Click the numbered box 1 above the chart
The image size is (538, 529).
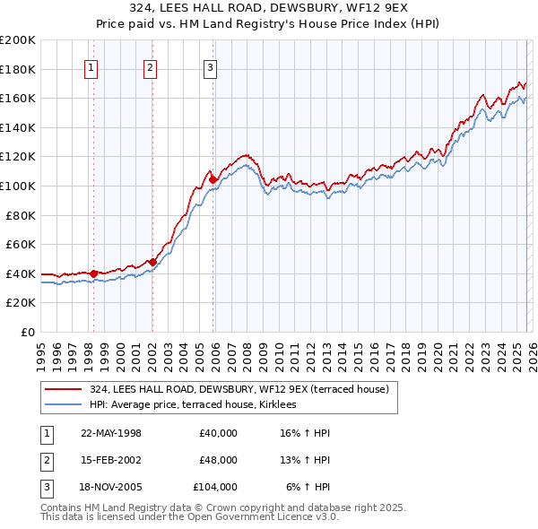[x=92, y=66]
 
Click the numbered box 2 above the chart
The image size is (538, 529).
[x=150, y=66]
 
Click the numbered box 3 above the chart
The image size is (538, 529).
[x=210, y=66]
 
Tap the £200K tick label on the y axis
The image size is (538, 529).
[x=18, y=40]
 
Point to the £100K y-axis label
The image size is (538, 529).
[x=18, y=186]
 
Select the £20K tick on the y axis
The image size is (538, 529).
[x=22, y=303]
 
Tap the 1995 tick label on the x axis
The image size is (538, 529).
[x=40, y=349]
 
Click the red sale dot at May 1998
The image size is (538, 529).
[x=93, y=273]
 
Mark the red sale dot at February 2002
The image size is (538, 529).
[x=152, y=262]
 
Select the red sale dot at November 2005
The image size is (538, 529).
[x=213, y=180]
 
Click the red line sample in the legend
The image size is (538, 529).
[x=64, y=390]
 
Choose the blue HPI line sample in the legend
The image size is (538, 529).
[x=64, y=405]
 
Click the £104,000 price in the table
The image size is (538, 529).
[x=215, y=487]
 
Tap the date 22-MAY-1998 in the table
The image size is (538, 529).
[x=111, y=433]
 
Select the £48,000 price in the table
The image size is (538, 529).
[x=218, y=460]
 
